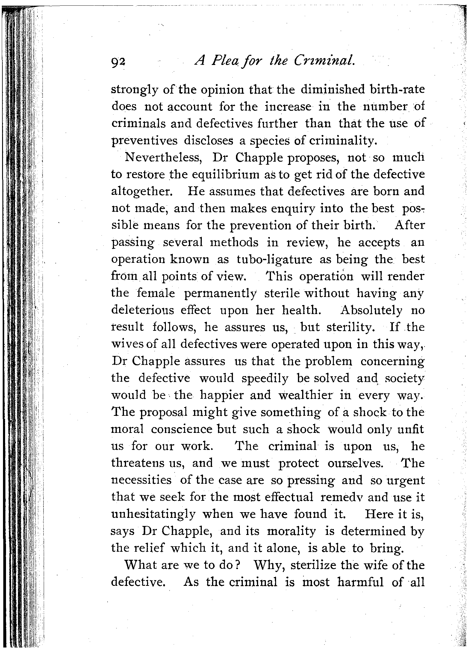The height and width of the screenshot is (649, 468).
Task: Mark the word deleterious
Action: [143, 310]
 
